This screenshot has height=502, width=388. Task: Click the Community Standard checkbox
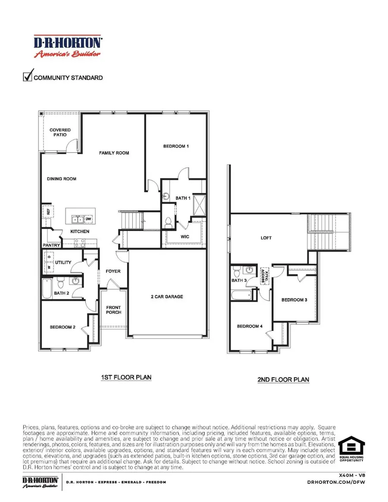coord(28,77)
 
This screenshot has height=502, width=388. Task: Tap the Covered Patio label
coord(60,132)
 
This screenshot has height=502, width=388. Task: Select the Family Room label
coord(114,153)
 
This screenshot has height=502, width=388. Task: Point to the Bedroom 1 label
coord(176,147)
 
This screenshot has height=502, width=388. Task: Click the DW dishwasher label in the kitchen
coord(88,219)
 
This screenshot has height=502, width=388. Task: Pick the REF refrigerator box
coord(48,212)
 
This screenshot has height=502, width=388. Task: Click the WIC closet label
coord(185,237)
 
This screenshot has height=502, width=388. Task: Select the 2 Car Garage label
coord(167,296)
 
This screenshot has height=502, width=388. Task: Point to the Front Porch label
coord(114,309)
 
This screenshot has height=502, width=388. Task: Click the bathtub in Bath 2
coord(47,289)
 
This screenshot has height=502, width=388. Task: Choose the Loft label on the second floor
coord(266,238)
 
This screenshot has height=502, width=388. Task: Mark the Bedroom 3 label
coord(294,300)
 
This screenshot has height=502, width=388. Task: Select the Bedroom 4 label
coord(250,326)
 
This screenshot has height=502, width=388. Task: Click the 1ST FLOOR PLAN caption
coord(126,377)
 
